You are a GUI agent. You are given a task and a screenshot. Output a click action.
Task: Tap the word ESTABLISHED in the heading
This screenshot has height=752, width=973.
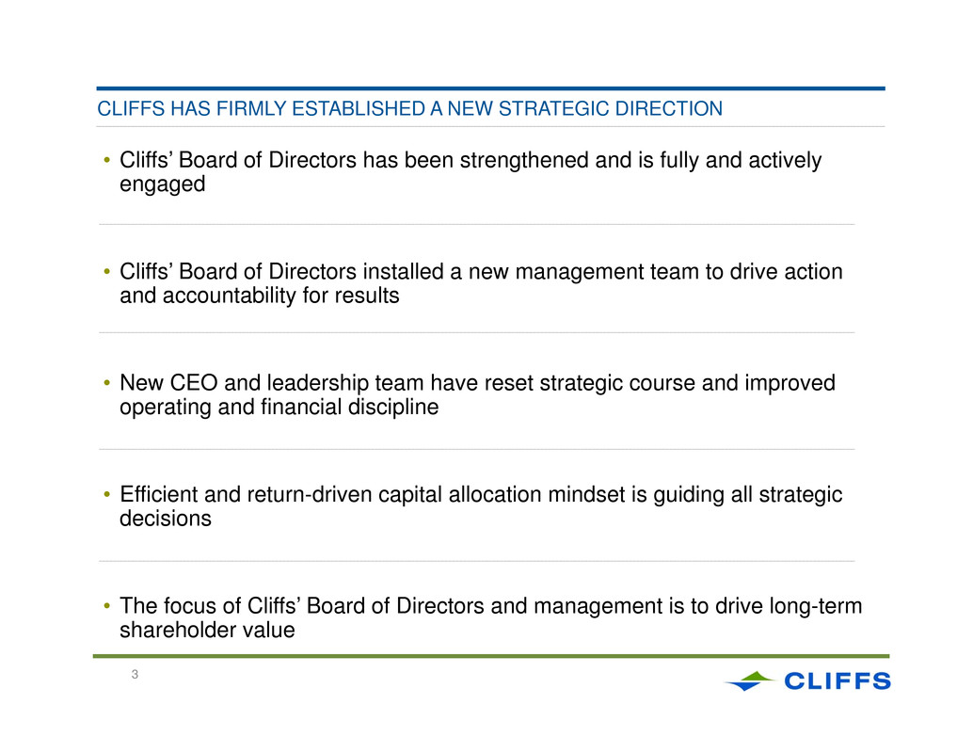[x=358, y=108]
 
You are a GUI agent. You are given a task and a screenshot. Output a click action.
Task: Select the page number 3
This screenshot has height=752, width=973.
[x=135, y=675]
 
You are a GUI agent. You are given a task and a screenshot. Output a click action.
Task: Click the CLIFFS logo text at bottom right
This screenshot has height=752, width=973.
[x=837, y=681]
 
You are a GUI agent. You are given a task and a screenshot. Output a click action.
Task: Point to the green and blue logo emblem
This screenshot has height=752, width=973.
[x=750, y=681]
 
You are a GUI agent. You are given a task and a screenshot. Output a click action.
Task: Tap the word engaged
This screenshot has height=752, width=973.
[x=162, y=184]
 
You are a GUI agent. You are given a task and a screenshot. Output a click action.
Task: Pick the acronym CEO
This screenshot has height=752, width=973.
[x=194, y=383]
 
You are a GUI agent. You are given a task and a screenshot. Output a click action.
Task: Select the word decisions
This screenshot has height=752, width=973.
[x=165, y=519]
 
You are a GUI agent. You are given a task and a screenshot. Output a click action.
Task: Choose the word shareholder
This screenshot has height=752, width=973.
[x=174, y=631]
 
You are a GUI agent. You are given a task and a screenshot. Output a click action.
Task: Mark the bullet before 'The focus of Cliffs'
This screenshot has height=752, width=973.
[x=106, y=605]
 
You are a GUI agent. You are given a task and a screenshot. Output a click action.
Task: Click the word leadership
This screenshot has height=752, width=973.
[x=317, y=383]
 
